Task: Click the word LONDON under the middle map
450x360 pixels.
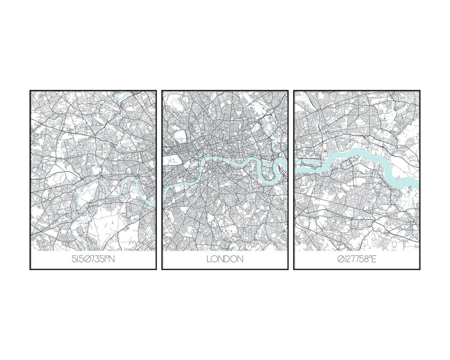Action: [x=225, y=260]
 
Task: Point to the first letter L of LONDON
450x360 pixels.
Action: [x=209, y=260]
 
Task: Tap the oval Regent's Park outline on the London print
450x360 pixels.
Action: [x=182, y=137]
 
